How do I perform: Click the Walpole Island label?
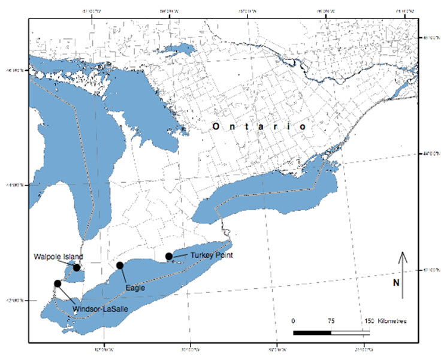[58, 258]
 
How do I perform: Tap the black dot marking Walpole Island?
[77, 267]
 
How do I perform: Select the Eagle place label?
[135, 288]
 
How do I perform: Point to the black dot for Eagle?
[120, 265]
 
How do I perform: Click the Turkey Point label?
[210, 256]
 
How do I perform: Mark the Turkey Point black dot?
[169, 256]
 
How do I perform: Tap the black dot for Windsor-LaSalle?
[58, 283]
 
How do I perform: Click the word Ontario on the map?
[258, 128]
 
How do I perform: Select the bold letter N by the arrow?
[396, 283]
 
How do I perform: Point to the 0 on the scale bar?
[293, 321]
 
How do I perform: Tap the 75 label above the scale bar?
[331, 321]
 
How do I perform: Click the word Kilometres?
[393, 321]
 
